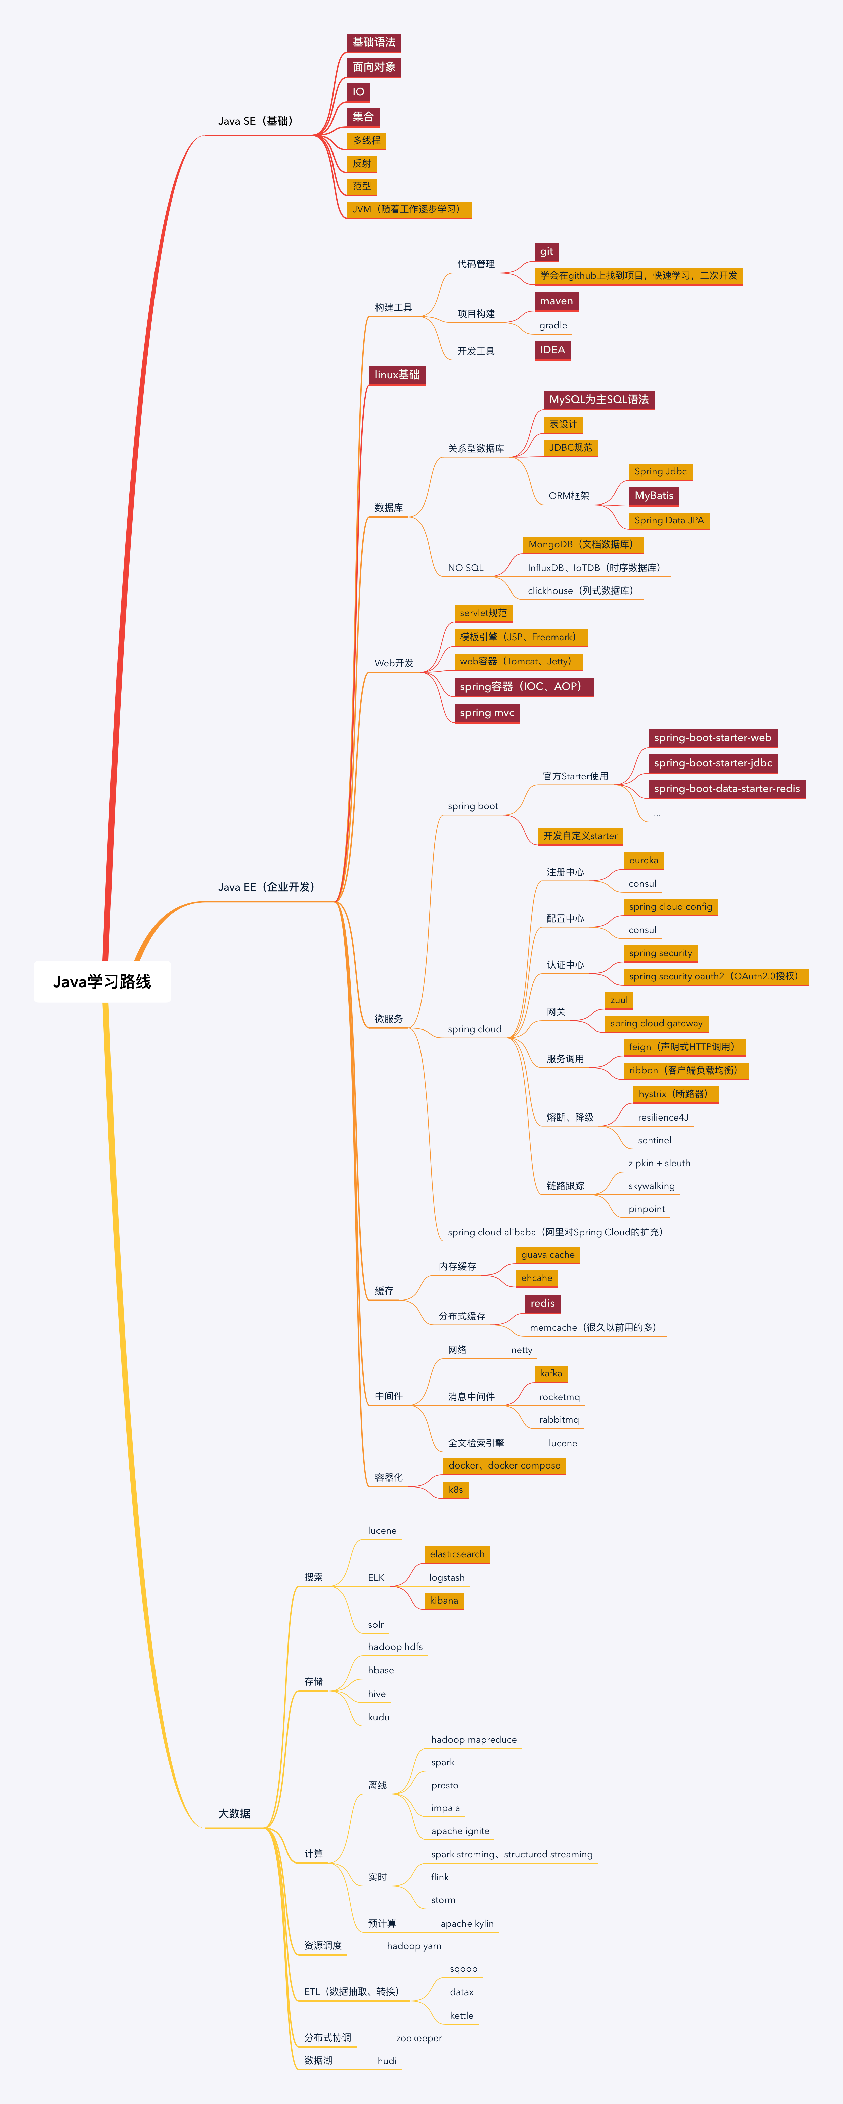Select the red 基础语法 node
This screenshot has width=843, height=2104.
[373, 42]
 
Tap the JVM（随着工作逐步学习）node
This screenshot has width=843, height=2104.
[408, 209]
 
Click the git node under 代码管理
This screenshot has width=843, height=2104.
[546, 252]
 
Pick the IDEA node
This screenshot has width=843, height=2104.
[552, 350]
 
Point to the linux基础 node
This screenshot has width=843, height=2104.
[397, 375]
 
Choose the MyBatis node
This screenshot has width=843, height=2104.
[654, 496]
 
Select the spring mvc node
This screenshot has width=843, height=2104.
[487, 713]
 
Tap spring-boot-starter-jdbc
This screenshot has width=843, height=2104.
[712, 763]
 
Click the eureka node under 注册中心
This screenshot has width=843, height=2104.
[644, 860]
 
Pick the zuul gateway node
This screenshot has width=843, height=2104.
[619, 1000]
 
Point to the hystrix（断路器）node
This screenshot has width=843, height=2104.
[675, 1094]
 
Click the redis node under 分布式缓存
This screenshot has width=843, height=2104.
[542, 1304]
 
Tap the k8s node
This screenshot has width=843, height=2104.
[456, 1490]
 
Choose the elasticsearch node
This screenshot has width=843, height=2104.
[457, 1554]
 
